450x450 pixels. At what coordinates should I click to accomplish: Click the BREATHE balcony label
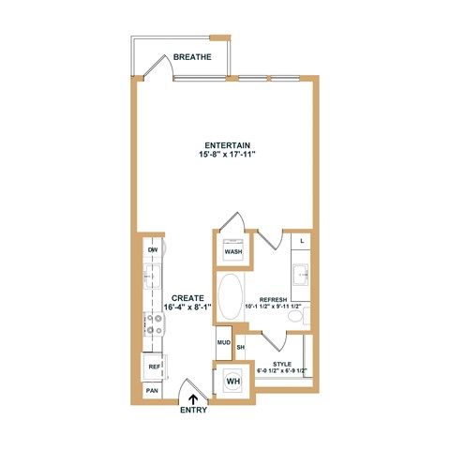192,57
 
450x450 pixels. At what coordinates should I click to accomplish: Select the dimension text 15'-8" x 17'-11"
225,156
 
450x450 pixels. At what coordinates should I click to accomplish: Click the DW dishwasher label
152,249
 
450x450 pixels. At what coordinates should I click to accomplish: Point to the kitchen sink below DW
152,277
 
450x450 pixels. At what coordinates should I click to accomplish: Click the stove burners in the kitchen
153,324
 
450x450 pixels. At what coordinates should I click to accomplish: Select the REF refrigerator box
153,367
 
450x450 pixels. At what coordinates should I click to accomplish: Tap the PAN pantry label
152,389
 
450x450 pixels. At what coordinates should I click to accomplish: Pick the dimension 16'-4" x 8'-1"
186,307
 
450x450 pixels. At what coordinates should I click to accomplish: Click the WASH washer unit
233,251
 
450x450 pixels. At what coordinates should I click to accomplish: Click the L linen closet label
301,242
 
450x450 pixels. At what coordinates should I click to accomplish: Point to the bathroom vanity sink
300,278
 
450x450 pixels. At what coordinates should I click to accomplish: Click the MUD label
224,342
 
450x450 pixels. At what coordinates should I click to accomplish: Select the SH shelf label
240,348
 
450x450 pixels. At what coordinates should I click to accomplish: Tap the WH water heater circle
232,381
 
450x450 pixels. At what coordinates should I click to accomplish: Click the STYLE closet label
281,363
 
